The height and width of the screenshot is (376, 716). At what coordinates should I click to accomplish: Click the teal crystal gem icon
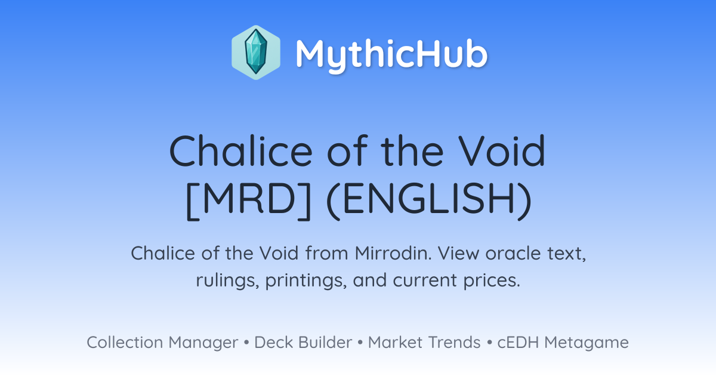[x=256, y=53]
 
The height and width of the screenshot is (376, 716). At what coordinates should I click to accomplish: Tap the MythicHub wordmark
[x=391, y=54]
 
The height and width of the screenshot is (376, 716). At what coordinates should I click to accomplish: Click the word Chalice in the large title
[x=240, y=151]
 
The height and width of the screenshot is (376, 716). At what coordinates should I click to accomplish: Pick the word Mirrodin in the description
[x=393, y=253]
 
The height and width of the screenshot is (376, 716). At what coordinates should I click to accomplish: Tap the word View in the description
[x=458, y=253]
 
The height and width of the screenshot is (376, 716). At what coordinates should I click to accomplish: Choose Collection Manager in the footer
[x=162, y=343]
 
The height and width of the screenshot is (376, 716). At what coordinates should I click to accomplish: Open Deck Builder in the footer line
[x=303, y=342]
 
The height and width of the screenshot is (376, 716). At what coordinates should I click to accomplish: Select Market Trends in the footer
[x=424, y=342]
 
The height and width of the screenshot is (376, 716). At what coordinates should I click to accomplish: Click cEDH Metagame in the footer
[x=563, y=343]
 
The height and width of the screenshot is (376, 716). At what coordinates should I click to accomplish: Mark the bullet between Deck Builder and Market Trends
[x=360, y=343]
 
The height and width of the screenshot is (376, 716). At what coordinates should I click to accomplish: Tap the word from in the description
[x=326, y=253]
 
